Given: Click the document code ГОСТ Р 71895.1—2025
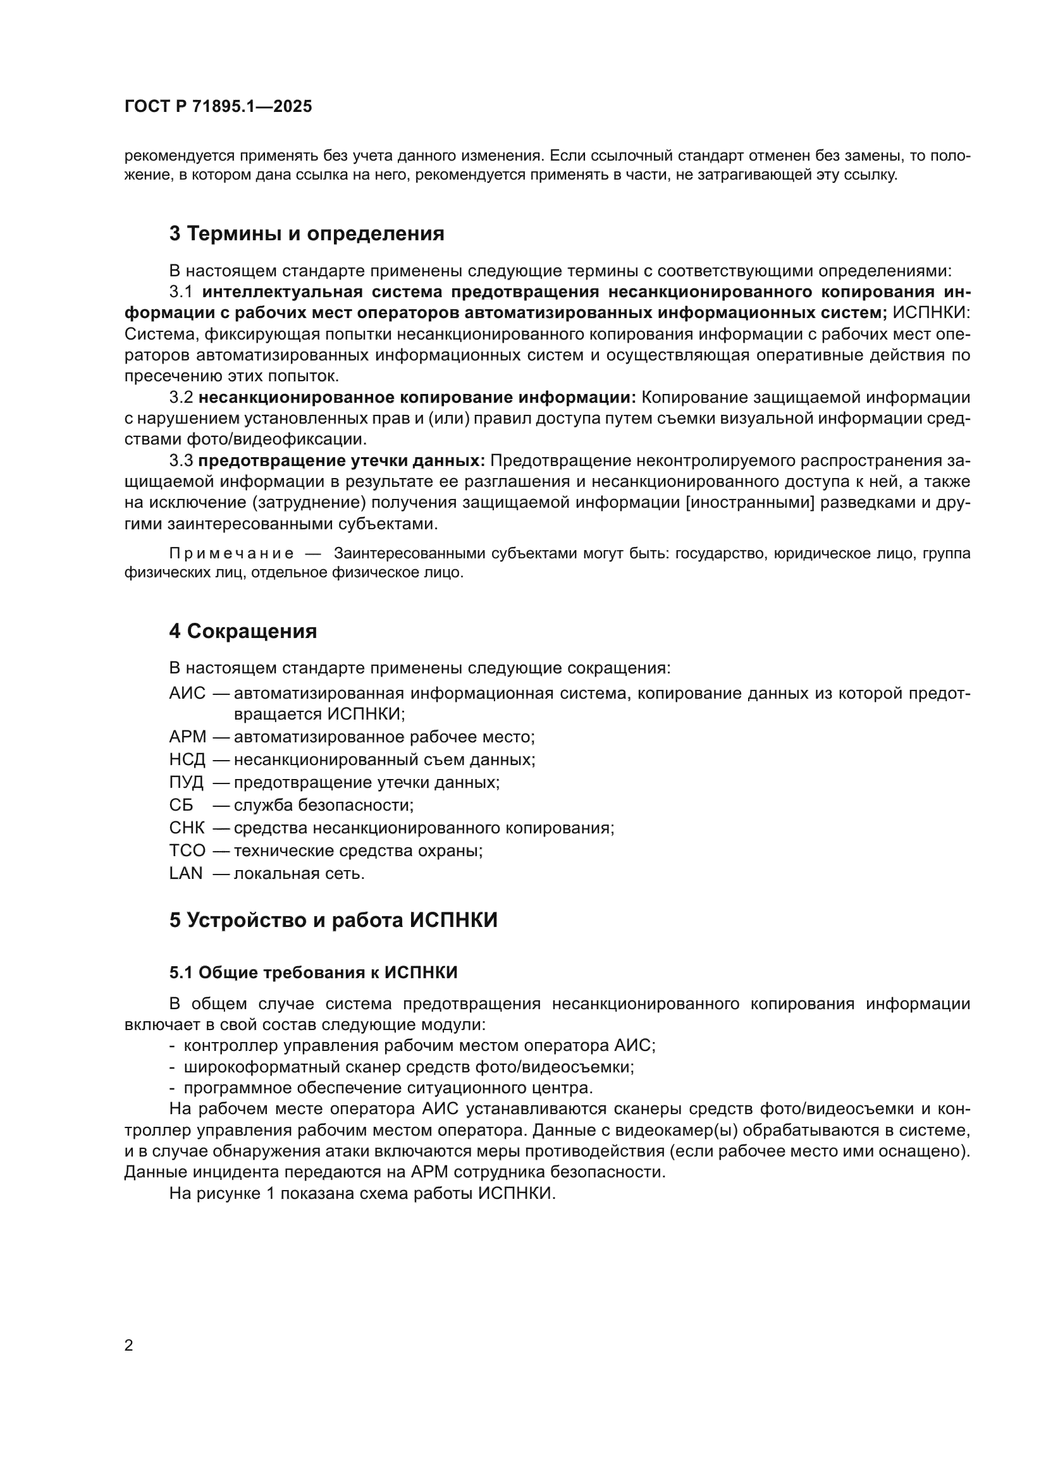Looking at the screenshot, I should click(218, 106).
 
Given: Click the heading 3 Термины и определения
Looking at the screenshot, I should click(307, 233).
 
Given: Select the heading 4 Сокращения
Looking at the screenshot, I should click(243, 630).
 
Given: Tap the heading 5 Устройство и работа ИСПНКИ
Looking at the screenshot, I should click(333, 920).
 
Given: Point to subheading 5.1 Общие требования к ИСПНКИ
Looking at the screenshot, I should click(313, 973).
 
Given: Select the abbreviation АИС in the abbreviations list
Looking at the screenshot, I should click(187, 693).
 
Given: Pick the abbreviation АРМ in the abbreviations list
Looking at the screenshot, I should click(187, 736).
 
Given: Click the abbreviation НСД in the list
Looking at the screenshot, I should click(187, 759).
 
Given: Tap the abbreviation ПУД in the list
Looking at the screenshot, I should click(186, 782).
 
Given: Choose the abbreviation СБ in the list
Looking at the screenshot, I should click(181, 804).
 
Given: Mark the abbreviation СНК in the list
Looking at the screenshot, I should click(187, 828).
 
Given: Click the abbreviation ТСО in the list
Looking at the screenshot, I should click(187, 850).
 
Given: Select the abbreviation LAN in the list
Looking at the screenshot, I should click(185, 873).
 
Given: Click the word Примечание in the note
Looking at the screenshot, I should click(231, 553).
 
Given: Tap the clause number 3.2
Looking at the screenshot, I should click(181, 398).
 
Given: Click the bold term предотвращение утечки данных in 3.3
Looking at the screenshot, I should click(341, 460).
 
